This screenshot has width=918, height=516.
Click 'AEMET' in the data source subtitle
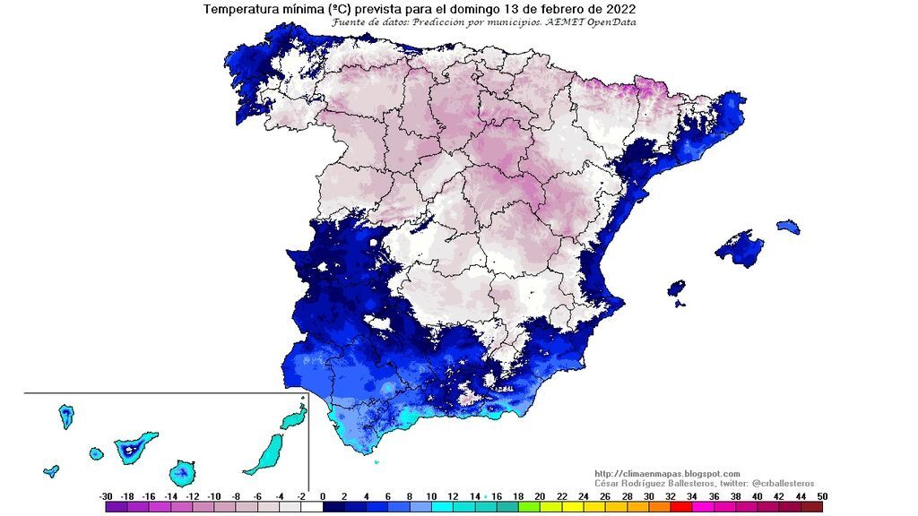(563, 22)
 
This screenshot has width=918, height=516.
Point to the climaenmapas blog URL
(667, 474)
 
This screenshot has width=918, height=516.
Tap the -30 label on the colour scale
(106, 495)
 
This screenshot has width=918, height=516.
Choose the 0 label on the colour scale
(323, 495)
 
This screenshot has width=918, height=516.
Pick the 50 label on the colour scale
(822, 495)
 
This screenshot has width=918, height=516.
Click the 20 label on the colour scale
(540, 495)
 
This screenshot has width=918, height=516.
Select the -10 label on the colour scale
(214, 495)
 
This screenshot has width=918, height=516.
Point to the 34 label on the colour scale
(691, 495)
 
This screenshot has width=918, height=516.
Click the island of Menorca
(787, 226)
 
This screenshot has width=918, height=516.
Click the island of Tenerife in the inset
(134, 446)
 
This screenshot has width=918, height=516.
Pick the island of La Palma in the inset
(65, 415)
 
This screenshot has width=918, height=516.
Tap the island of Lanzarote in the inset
(293, 418)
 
